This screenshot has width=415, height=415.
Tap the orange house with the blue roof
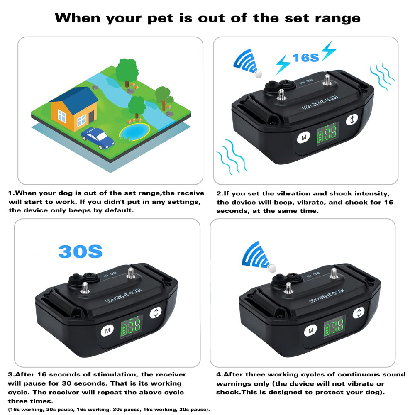coord(74,110)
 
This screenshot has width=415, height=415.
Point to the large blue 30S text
coord(80,251)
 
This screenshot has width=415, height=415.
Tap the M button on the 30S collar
coord(107,330)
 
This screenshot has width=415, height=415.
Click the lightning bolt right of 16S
coord(328,51)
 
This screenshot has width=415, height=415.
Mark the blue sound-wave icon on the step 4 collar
coord(256,254)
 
